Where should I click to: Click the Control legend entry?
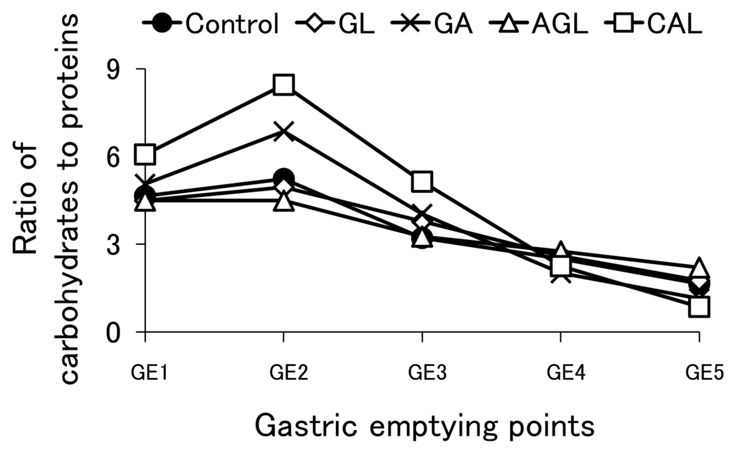[211, 23]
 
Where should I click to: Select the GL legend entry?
[335, 23]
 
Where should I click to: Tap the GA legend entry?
[432, 23]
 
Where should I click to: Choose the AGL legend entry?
[538, 23]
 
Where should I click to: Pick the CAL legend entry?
[653, 23]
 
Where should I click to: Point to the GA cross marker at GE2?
[283, 131]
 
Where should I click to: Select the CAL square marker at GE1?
[145, 154]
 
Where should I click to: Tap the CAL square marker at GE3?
[422, 181]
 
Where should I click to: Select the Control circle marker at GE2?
[283, 177]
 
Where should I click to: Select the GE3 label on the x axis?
[427, 373]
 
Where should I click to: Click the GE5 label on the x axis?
[704, 373]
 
